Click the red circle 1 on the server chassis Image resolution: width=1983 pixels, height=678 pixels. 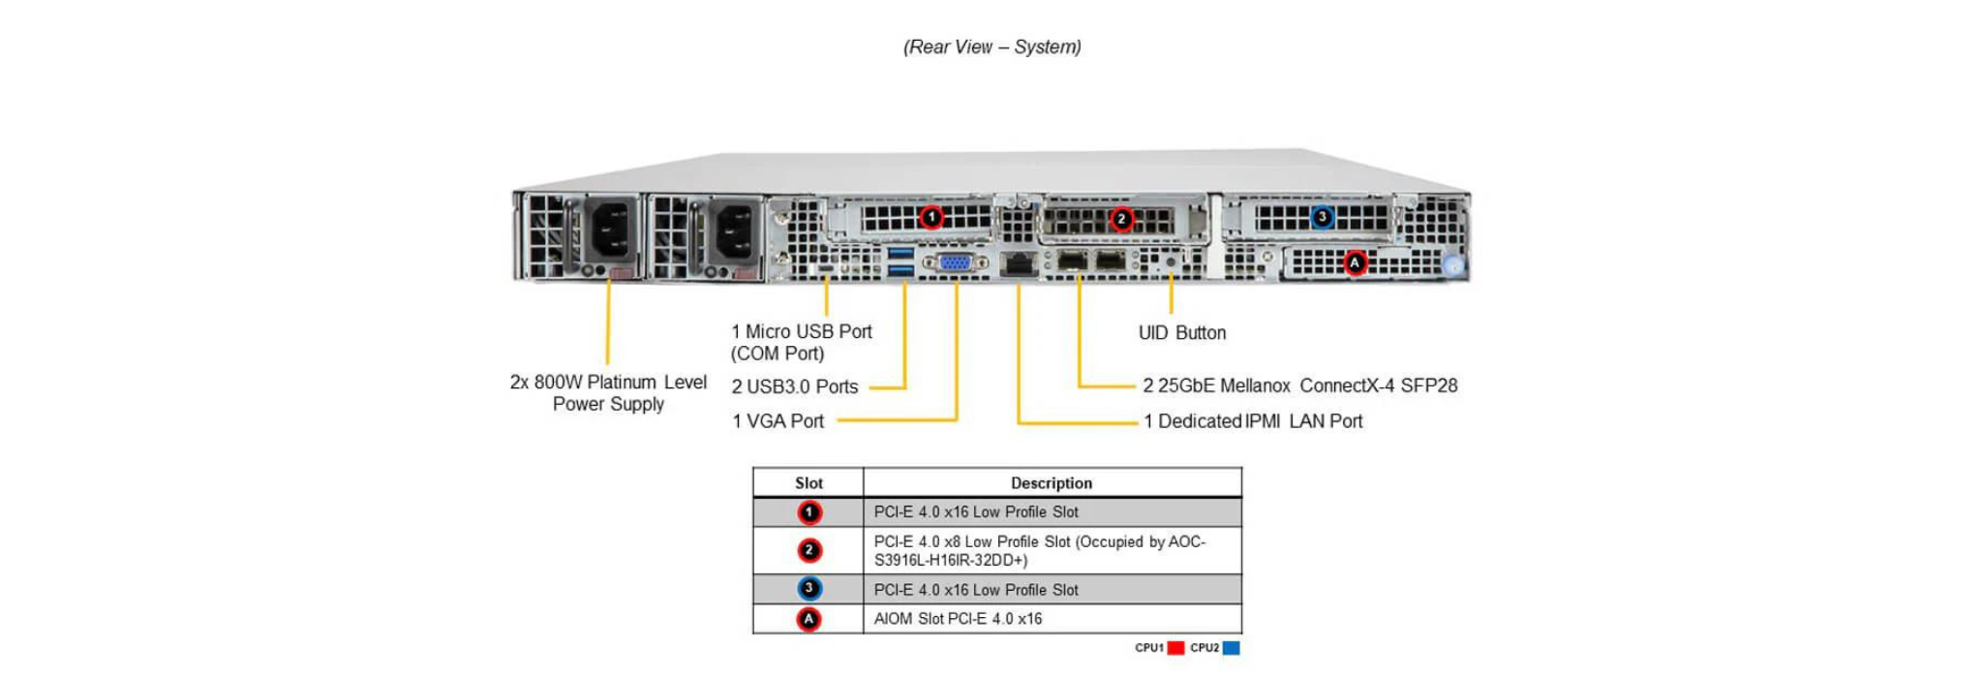tap(930, 217)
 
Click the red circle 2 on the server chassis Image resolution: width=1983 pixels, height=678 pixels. tap(1121, 219)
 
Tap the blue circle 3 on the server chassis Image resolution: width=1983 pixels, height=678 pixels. tap(1322, 217)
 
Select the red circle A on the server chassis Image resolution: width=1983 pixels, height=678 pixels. tap(1355, 262)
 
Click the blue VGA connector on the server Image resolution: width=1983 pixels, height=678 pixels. tap(955, 262)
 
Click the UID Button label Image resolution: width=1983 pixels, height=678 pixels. tap(1181, 333)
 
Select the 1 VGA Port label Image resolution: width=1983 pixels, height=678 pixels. tap(778, 421)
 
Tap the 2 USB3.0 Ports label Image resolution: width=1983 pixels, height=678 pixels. tap(794, 386)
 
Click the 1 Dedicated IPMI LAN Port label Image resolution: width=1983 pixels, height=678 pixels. tap(1252, 421)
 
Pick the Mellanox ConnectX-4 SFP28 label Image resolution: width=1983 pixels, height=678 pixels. tap(1299, 385)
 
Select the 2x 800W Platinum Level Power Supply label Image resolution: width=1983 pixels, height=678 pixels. tap(608, 393)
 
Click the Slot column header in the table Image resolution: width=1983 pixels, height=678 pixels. tap(808, 483)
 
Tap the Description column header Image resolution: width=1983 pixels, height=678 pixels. tap(1051, 483)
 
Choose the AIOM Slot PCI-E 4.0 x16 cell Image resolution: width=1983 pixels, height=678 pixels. tap(958, 619)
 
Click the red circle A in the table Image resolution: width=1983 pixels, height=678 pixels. tap(808, 619)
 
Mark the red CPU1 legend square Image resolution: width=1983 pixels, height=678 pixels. tap(1175, 648)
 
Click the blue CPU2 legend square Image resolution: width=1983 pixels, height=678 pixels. tap(1231, 648)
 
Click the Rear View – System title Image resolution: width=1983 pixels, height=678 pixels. tap(991, 46)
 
